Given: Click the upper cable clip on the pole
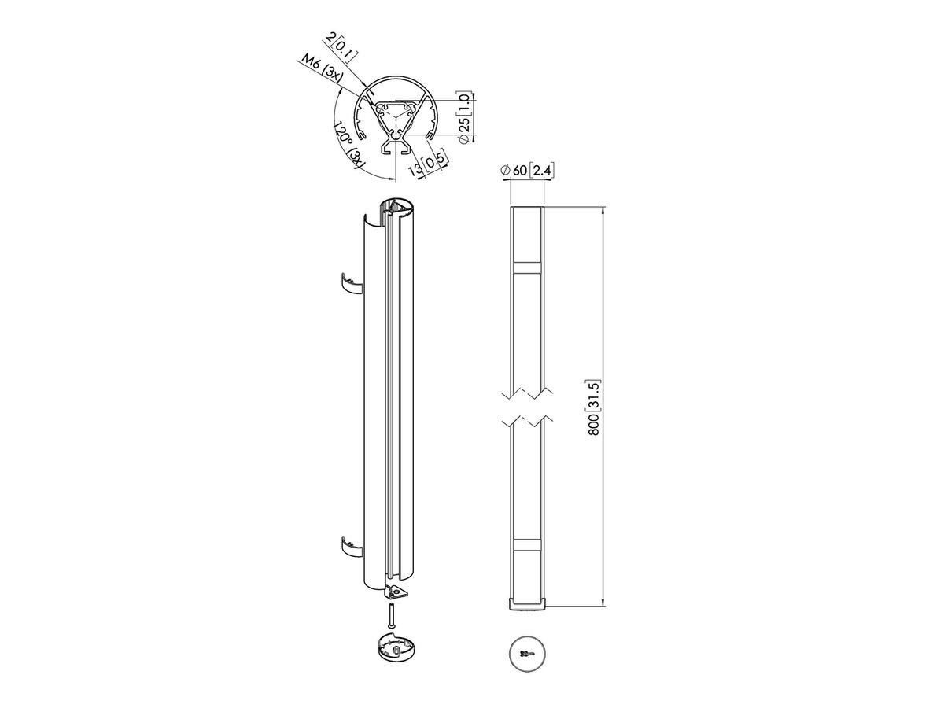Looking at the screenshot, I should [349, 282].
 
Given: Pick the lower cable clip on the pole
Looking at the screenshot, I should [349, 544].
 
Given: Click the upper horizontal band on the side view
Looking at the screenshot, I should [528, 267].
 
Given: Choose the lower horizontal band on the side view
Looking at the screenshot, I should [528, 544].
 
